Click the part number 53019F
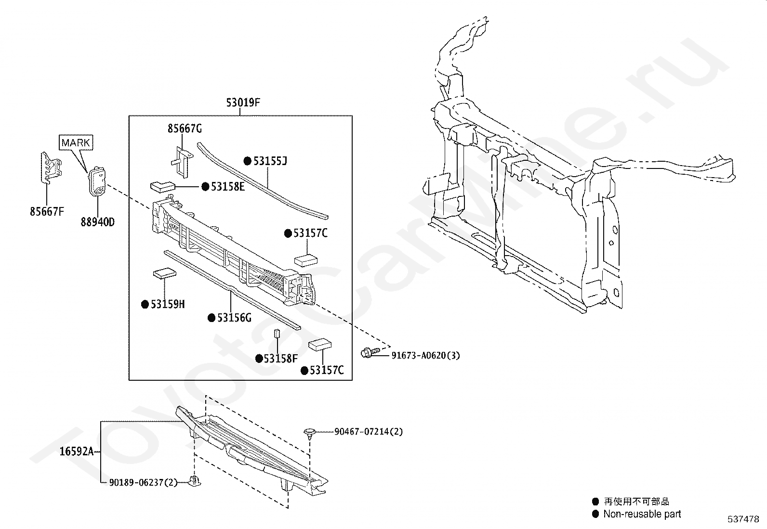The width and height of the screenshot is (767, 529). click(x=243, y=103)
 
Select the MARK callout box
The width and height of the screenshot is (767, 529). click(x=76, y=142)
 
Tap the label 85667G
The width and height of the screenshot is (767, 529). click(x=185, y=129)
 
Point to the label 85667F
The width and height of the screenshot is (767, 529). click(x=47, y=211)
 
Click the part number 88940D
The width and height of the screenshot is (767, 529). click(x=98, y=222)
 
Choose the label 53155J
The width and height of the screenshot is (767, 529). click(x=270, y=161)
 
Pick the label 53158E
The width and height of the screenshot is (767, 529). click(x=227, y=187)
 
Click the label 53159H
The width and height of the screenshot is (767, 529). click(x=168, y=304)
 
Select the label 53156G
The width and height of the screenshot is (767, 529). click(x=234, y=318)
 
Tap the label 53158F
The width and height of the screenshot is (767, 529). click(x=281, y=359)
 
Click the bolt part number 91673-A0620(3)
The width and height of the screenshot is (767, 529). click(x=425, y=356)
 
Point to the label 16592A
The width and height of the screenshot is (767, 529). click(x=76, y=452)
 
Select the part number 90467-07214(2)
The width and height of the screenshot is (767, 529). click(x=369, y=432)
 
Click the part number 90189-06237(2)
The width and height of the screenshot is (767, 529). click(x=143, y=482)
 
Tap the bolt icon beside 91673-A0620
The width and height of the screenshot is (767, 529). click(x=368, y=354)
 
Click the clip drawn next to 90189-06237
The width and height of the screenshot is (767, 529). click(x=195, y=481)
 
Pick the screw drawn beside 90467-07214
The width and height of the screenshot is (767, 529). click(x=309, y=432)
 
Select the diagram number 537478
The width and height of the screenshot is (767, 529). click(x=743, y=519)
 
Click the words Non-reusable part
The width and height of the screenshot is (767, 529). click(x=642, y=514)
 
